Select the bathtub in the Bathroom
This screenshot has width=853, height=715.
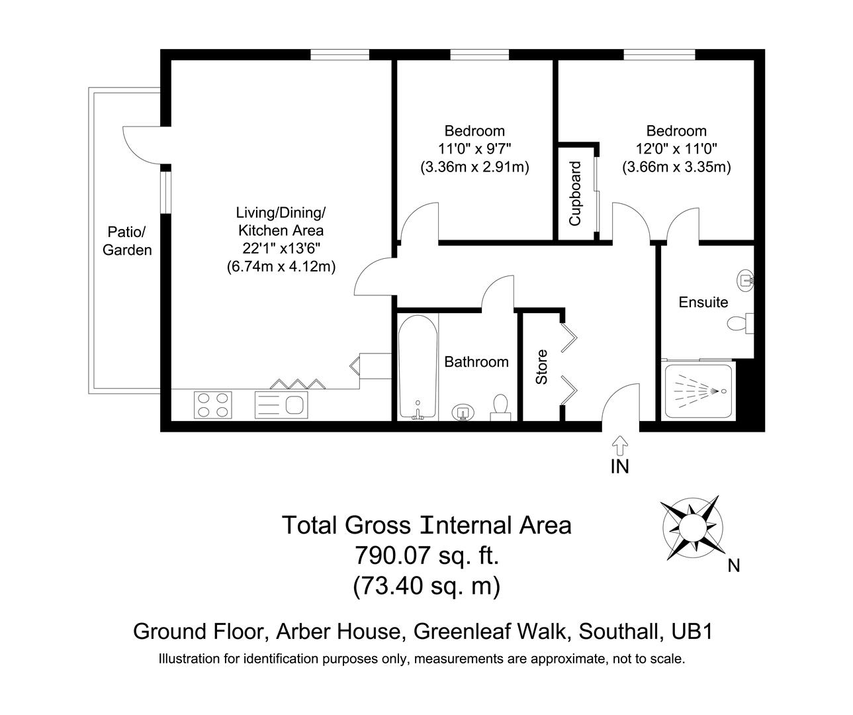tap(418, 366)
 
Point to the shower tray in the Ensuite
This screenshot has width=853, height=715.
tap(697, 391)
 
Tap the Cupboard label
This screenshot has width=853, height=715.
tap(575, 193)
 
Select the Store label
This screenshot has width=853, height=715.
tap(541, 367)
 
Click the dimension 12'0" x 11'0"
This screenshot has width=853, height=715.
tap(676, 149)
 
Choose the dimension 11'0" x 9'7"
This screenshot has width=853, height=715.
tap(474, 149)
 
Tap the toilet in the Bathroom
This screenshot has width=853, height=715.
tap(501, 407)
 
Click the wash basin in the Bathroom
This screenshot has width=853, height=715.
tap(463, 413)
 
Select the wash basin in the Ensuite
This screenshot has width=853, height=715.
tap(747, 281)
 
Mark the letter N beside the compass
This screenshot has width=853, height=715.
tap(733, 565)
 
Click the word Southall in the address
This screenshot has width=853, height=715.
tap(619, 631)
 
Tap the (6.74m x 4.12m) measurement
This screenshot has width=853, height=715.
tap(281, 267)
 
